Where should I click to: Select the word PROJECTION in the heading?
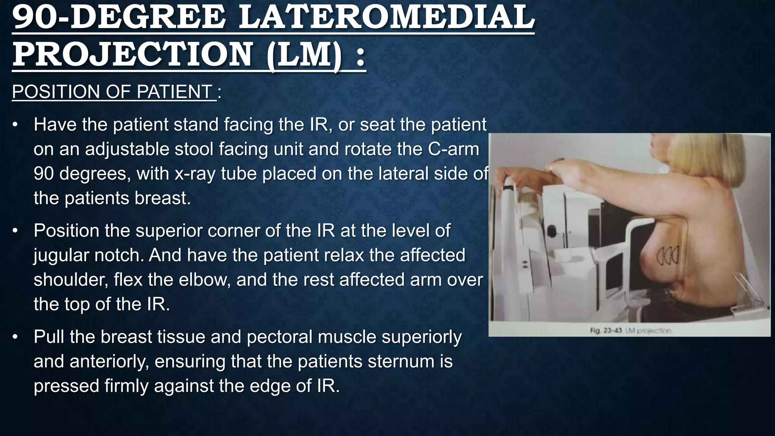coord(132,54)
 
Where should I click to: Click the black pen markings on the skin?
coord(668,256)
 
